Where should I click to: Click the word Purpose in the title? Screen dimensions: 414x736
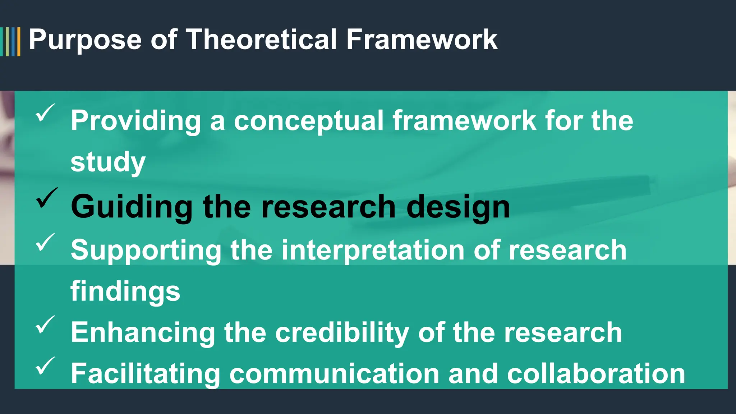[85, 40]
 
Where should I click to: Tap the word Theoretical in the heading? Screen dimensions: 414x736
[261, 40]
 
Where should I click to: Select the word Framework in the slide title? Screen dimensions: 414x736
[422, 40]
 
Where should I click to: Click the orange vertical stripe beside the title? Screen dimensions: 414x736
[19, 41]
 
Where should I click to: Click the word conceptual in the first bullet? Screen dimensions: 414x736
[308, 121]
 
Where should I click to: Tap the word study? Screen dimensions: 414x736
[108, 162]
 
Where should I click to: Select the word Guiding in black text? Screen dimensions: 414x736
[132, 207]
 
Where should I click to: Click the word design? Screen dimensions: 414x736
[458, 207]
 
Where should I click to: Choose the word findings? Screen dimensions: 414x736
[125, 291]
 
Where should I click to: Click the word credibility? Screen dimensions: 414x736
[342, 332]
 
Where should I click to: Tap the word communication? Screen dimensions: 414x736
[334, 374]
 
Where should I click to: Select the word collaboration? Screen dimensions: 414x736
[596, 374]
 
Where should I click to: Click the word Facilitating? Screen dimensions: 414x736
[145, 374]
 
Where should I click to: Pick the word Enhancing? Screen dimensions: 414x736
[143, 332]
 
